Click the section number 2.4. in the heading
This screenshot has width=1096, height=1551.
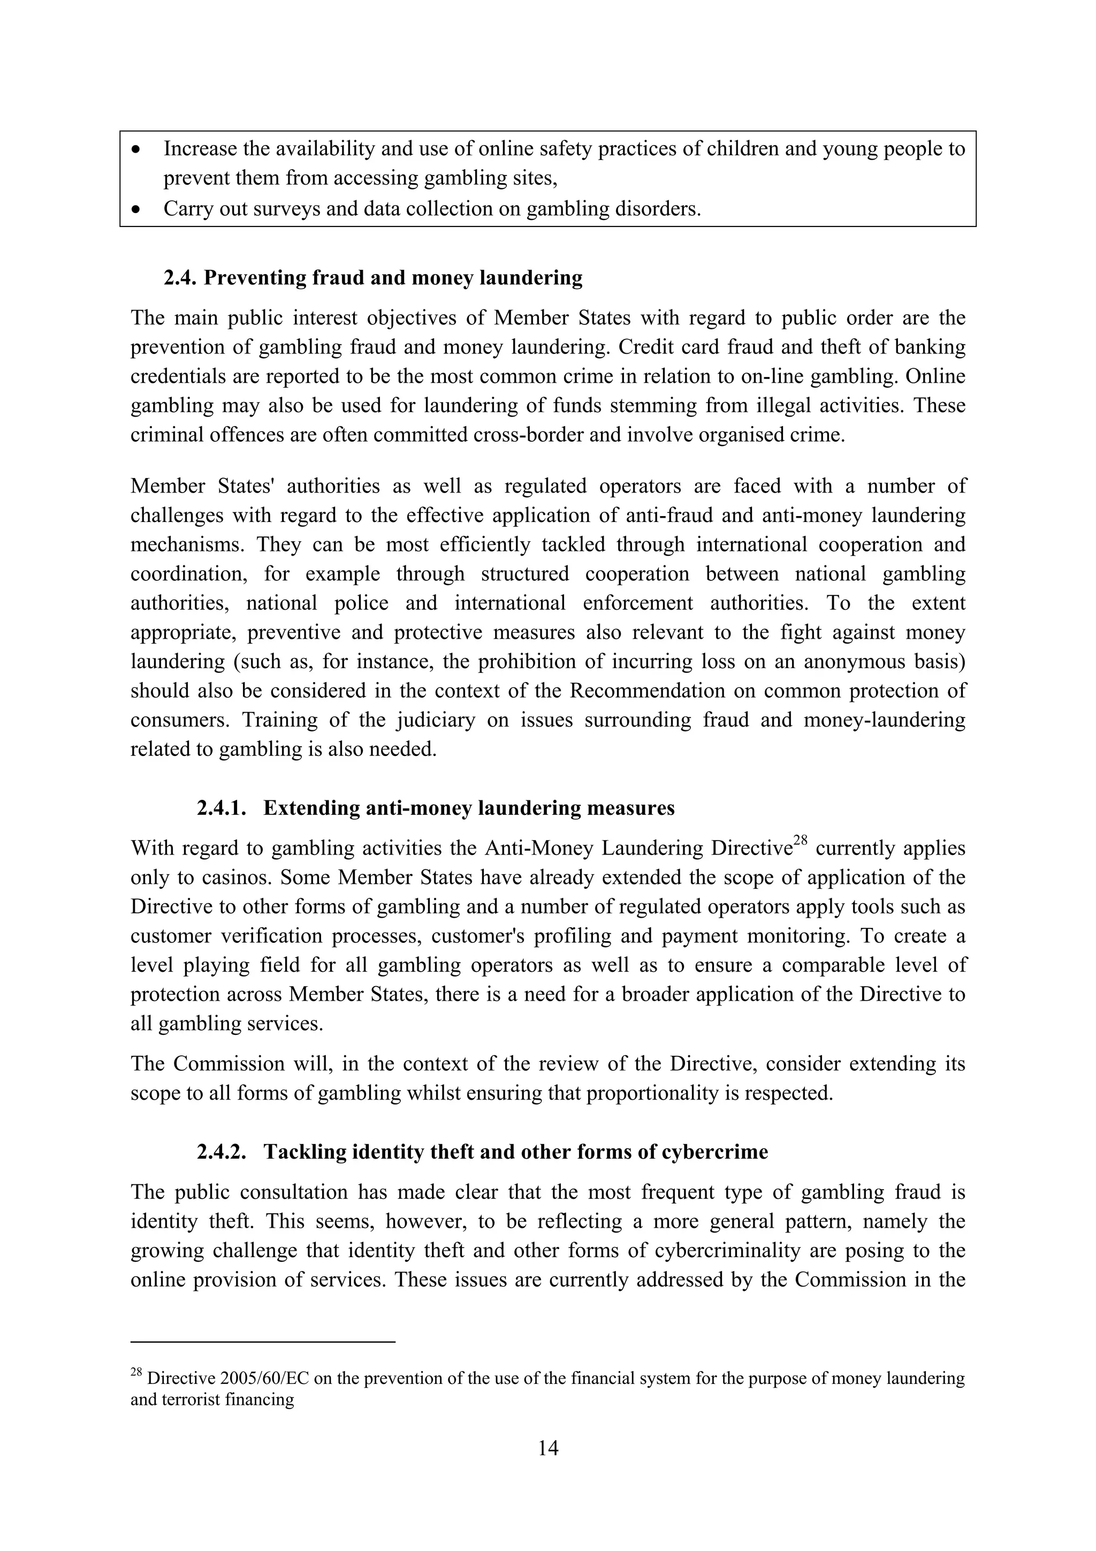[180, 278]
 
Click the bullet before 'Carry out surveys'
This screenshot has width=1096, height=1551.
[137, 210]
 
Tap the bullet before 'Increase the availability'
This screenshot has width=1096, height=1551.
[137, 149]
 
